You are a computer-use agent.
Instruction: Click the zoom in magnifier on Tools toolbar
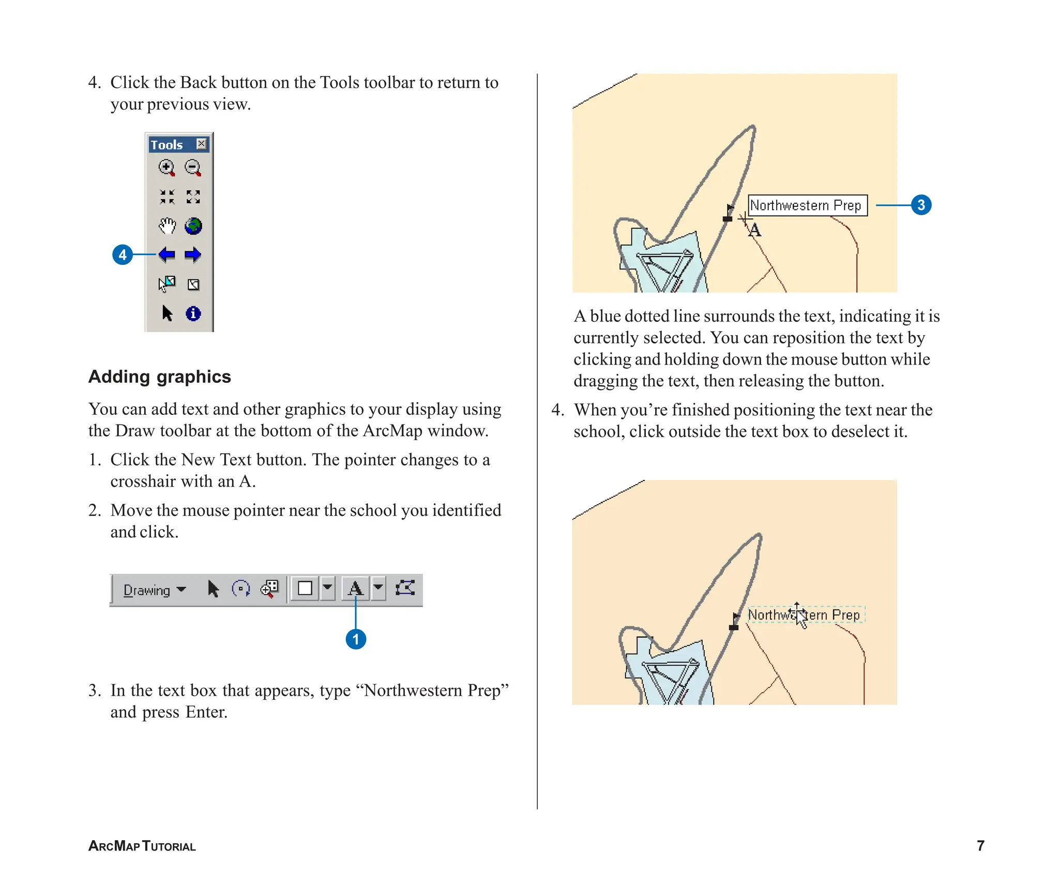[x=167, y=168]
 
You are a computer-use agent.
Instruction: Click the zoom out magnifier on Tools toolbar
[x=193, y=168]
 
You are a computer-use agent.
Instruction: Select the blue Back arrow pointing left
[x=167, y=255]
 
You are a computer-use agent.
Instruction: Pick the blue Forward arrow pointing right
[x=193, y=255]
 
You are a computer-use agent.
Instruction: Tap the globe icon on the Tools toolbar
[x=193, y=226]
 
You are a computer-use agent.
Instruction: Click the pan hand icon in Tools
[x=167, y=226]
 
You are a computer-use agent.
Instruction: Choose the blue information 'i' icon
[x=193, y=313]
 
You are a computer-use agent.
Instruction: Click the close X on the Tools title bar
[x=202, y=144]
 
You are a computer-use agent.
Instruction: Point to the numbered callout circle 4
[x=123, y=255]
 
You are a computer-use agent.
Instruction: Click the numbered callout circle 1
[x=356, y=639]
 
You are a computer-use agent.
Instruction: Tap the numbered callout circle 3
[x=921, y=205]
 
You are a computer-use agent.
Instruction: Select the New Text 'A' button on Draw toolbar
[x=355, y=589]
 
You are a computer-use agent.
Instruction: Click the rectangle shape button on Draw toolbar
[x=305, y=589]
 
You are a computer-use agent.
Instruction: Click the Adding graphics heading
[x=160, y=377]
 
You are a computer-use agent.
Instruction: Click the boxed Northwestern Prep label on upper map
[x=807, y=205]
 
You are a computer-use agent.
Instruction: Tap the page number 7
[x=980, y=846]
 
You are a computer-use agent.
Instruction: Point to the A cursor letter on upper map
[x=755, y=230]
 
